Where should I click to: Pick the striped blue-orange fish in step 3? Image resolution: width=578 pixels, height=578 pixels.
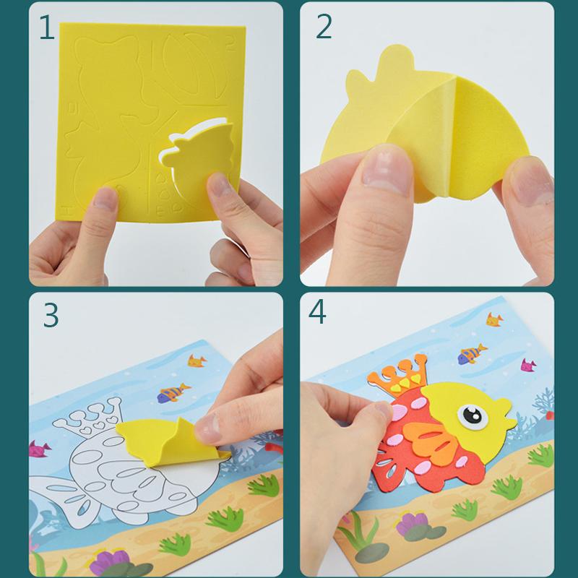click(170, 394)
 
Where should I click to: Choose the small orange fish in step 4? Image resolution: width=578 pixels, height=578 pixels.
click(494, 317)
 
